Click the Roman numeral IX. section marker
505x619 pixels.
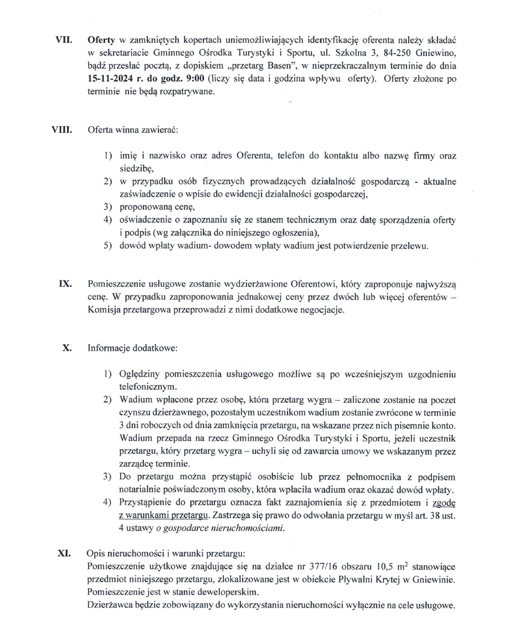65,284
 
